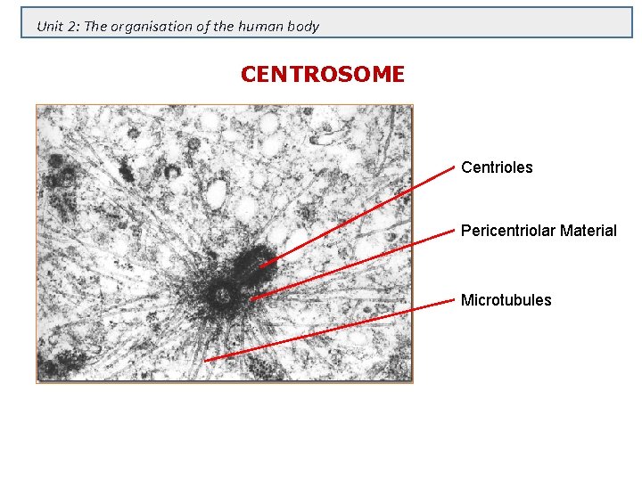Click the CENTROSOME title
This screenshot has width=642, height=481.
click(322, 75)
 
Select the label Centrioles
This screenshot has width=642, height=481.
click(497, 167)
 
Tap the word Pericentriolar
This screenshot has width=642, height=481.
click(505, 231)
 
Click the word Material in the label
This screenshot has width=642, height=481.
click(585, 231)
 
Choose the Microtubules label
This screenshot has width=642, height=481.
click(506, 300)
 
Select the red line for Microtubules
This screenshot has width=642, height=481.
click(330, 331)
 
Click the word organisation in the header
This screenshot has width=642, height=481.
click(151, 26)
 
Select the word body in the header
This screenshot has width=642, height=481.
click(304, 26)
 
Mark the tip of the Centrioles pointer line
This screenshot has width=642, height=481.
click(260, 266)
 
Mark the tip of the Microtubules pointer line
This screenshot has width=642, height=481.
click(205, 360)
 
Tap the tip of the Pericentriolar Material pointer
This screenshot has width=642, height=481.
click(251, 299)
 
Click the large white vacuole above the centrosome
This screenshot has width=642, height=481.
click(217, 192)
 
